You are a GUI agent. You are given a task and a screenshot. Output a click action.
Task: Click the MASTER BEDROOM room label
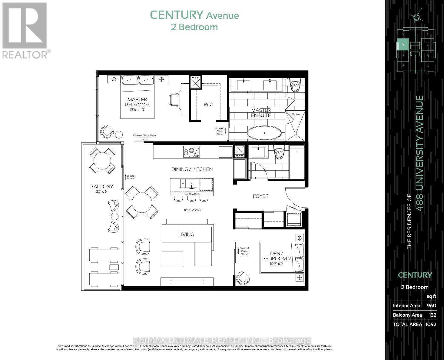pyautogui.click(x=137, y=102)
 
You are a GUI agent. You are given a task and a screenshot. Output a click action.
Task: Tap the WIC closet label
pyautogui.click(x=208, y=104)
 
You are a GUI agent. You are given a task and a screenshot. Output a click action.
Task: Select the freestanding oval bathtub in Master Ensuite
pyautogui.click(x=264, y=133)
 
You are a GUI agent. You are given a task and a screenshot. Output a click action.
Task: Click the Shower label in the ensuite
pyautogui.click(x=296, y=114)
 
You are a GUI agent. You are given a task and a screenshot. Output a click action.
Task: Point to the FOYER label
pyautogui.click(x=260, y=196)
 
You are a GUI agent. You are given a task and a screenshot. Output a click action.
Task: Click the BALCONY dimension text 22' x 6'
pyautogui.click(x=101, y=192)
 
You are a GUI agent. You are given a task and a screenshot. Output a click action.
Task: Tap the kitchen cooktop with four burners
pyautogui.click(x=191, y=152)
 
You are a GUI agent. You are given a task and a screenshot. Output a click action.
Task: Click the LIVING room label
pyautogui.click(x=186, y=234)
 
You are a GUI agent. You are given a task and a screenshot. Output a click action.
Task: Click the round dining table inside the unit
pyautogui.click(x=142, y=203)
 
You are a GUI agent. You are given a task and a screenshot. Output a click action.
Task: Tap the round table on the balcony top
pyautogui.click(x=102, y=161)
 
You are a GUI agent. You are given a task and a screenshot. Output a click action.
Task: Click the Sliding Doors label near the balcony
pyautogui.click(x=130, y=177)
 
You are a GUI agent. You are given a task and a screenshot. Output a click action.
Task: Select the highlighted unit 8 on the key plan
pyautogui.click(x=403, y=44)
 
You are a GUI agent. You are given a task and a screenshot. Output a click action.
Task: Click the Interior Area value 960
pyautogui.click(x=431, y=305)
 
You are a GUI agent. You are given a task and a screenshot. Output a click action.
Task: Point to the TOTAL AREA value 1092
pyautogui.click(x=431, y=324)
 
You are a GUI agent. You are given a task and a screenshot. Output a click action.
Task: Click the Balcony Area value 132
pyautogui.click(x=432, y=315)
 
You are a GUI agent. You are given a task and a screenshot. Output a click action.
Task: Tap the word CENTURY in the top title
pyautogui.click(x=176, y=15)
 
